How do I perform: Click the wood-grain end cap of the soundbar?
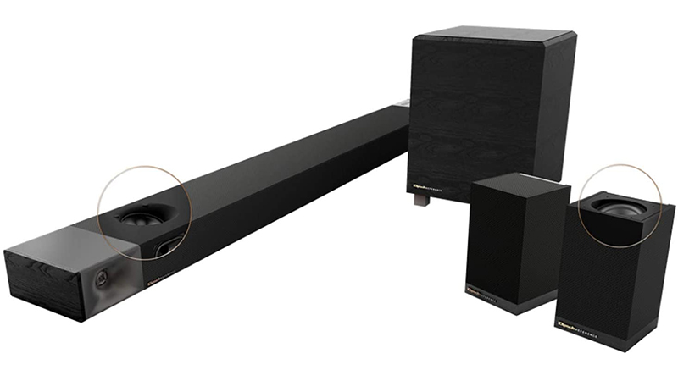point(42,284)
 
